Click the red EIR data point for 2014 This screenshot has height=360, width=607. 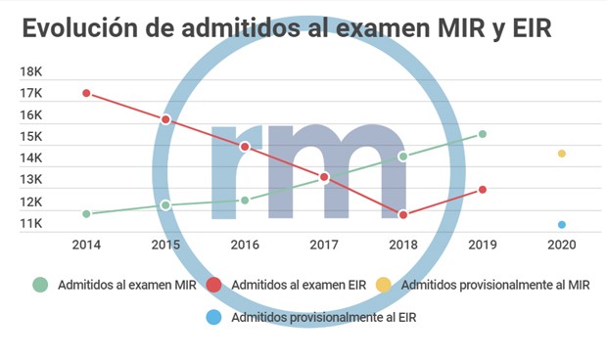(x=86, y=93)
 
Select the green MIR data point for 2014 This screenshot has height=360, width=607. (x=86, y=213)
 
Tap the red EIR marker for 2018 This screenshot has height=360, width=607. (x=403, y=214)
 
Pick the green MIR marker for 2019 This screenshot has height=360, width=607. (x=483, y=134)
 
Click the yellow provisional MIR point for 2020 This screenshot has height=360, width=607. (x=562, y=154)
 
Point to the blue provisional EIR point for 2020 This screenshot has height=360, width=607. (x=562, y=225)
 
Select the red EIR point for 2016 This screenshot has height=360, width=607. (x=245, y=147)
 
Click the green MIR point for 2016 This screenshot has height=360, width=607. (x=245, y=201)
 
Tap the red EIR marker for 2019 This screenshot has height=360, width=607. (x=483, y=190)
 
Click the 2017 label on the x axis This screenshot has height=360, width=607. (x=324, y=244)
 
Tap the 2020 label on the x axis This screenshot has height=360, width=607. (x=562, y=244)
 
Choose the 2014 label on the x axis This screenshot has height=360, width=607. (x=86, y=244)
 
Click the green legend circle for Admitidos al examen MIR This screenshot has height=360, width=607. (x=40, y=285)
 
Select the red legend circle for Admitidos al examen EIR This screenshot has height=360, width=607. (x=213, y=285)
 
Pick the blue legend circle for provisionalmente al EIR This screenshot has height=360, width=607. (x=214, y=317)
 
